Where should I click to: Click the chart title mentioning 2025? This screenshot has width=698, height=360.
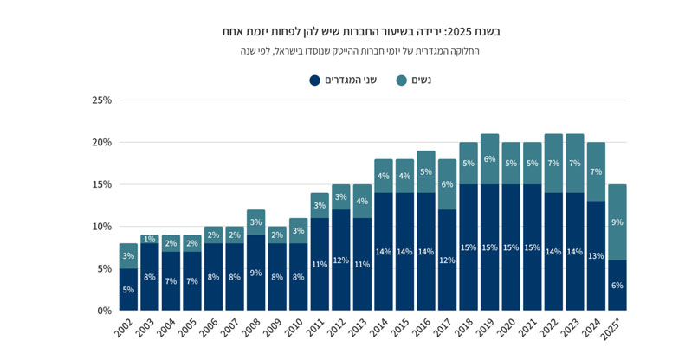click(360, 31)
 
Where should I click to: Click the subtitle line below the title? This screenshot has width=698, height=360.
click(360, 51)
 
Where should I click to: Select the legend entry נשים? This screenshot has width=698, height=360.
click(414, 80)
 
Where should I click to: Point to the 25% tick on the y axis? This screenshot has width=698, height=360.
click(101, 100)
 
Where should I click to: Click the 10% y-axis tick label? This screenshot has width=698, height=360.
click(101, 227)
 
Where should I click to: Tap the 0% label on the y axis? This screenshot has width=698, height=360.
click(104, 311)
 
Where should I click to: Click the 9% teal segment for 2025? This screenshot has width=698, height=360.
click(617, 222)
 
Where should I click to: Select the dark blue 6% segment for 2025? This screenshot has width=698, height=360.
click(617, 286)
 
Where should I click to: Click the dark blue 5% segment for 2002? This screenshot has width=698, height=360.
click(128, 290)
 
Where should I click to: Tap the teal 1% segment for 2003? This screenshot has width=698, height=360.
click(150, 239)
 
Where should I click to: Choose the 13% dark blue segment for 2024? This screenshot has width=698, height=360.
click(596, 256)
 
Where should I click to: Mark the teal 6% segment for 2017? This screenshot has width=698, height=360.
click(447, 184)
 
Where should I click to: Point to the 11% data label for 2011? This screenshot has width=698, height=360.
click(320, 265)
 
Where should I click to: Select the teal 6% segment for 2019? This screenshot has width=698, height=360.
click(489, 159)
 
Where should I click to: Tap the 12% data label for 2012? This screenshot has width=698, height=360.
click(340, 260)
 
